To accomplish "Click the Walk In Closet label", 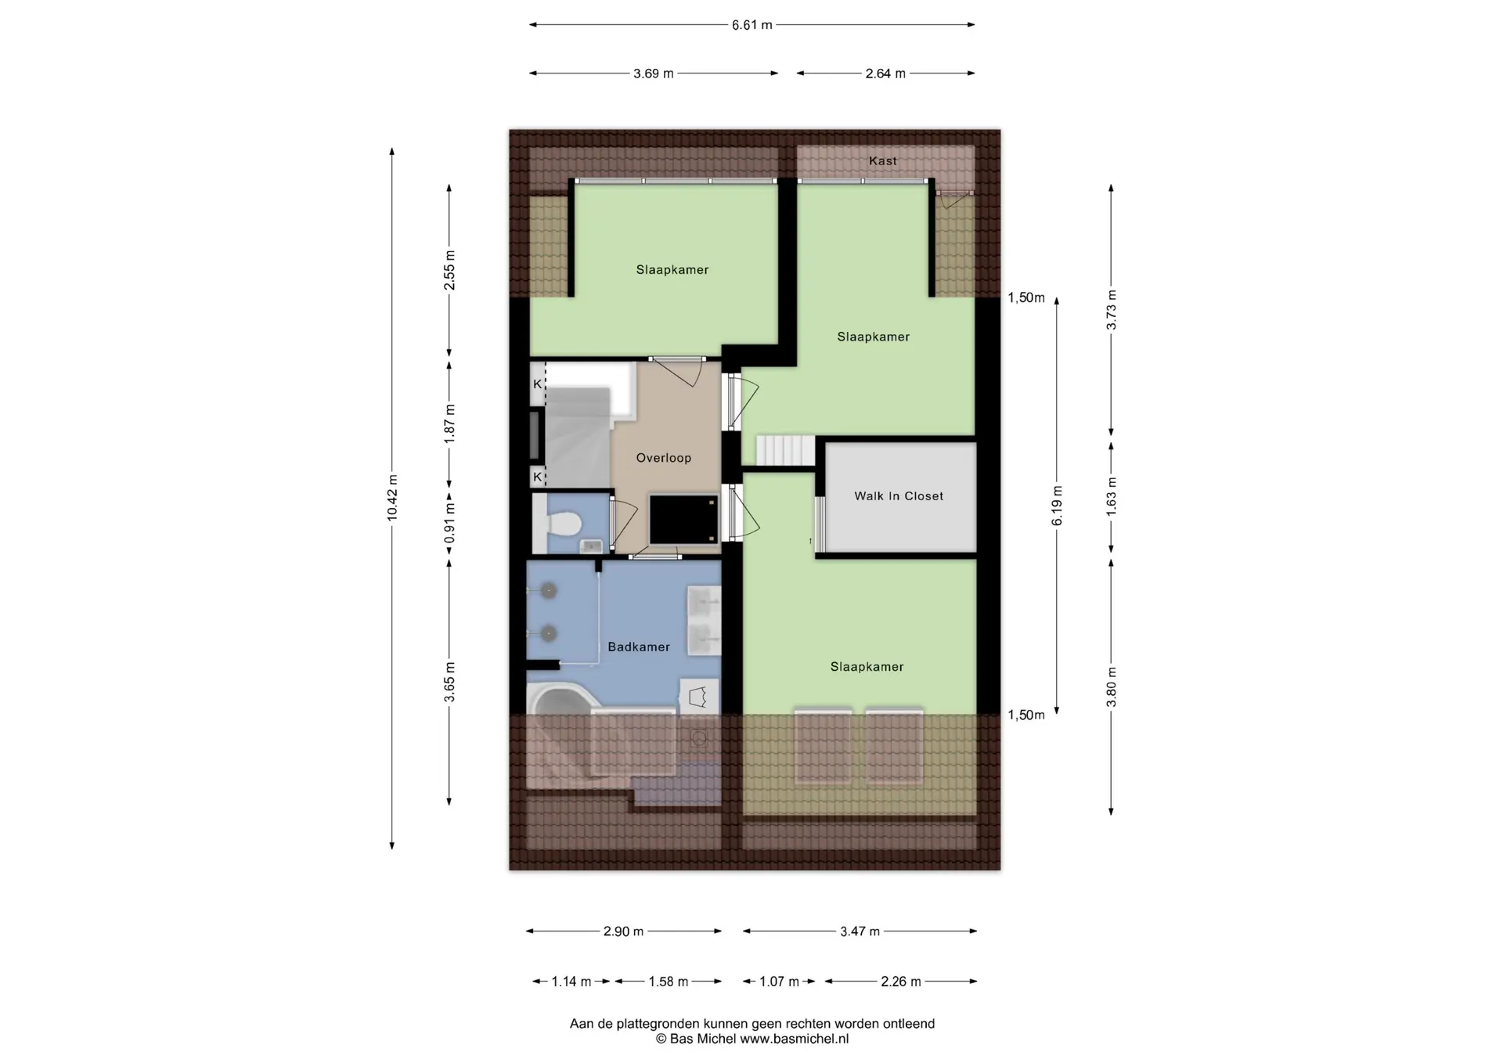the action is click(899, 496).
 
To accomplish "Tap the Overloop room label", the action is click(664, 458).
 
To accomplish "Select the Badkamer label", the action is click(639, 647).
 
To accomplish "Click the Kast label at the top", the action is click(883, 160).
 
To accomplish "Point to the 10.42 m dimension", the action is click(392, 498).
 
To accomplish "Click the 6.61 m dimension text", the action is click(752, 25).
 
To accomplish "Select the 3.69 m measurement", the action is click(654, 74).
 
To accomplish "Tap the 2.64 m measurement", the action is click(885, 74).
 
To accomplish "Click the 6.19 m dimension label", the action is click(1057, 506).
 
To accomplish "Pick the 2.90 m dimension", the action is click(623, 931).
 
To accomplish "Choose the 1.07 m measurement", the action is click(779, 982).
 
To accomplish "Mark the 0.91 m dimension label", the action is click(449, 523).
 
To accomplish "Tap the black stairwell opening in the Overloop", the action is click(683, 518).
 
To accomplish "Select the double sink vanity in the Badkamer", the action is click(704, 621).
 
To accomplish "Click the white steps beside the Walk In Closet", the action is click(785, 451).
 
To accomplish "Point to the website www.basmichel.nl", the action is click(794, 1039).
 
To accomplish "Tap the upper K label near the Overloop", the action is click(538, 384).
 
